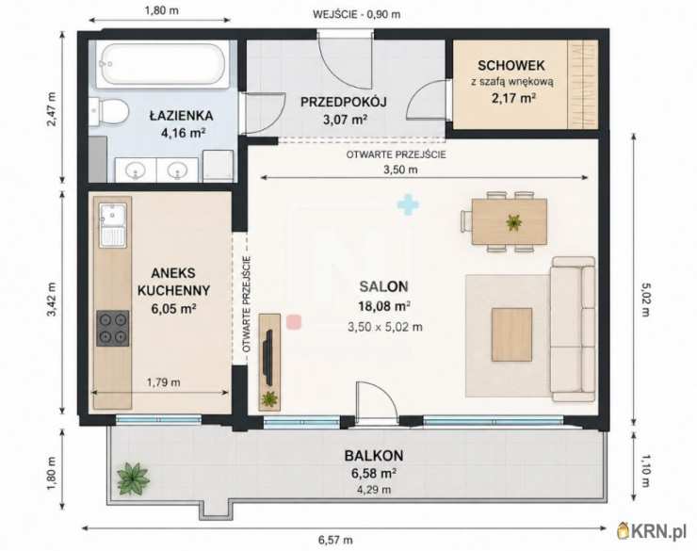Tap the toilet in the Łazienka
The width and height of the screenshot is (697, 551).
click(109, 111)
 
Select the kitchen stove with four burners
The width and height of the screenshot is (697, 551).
click(113, 328)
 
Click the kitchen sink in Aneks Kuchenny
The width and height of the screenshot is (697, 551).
click(113, 225)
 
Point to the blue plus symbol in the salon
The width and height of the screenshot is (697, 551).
click(408, 204)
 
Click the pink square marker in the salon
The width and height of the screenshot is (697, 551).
click(294, 322)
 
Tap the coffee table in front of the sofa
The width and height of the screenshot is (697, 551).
click(511, 334)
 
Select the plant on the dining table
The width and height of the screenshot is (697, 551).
click(513, 222)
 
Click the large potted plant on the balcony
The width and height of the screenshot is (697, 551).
click(133, 479)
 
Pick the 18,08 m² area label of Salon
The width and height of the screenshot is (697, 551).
click(384, 306)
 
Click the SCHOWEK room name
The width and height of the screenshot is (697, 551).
click(511, 65)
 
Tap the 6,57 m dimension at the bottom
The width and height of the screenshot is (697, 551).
click(335, 540)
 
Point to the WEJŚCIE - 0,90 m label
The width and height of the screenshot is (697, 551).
click(356, 14)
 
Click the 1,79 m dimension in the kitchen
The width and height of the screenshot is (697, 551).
click(164, 382)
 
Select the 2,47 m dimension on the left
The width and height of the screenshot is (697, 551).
click(52, 109)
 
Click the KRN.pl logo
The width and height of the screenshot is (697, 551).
click(652, 530)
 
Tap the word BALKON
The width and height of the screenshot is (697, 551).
click(374, 456)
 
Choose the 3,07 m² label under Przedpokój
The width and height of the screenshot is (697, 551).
click(345, 120)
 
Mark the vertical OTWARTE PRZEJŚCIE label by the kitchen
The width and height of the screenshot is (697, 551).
click(247, 304)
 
